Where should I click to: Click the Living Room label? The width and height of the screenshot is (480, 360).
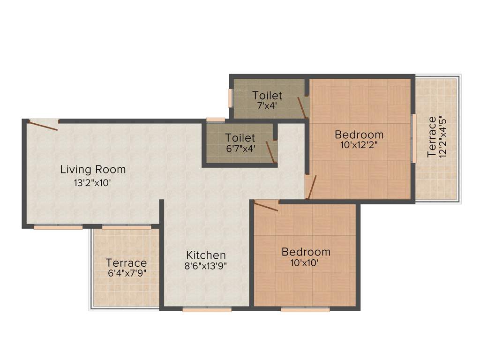(93, 169)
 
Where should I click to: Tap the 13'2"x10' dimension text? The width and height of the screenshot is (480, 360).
(92, 183)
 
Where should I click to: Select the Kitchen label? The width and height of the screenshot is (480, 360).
(206, 255)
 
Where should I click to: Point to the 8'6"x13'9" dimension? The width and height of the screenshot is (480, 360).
(207, 267)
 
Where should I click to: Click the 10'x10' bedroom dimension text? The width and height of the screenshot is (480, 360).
(305, 263)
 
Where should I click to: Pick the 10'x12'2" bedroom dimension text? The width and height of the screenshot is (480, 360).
(360, 145)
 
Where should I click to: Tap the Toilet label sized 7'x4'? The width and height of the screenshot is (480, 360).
(267, 96)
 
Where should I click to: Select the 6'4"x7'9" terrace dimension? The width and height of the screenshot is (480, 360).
(127, 274)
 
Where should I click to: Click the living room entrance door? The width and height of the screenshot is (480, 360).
(43, 125)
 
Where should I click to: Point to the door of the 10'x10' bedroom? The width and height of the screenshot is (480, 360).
(266, 206)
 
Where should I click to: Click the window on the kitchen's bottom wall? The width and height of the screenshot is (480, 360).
(207, 309)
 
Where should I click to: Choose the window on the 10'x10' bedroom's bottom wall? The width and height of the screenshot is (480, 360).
(305, 309)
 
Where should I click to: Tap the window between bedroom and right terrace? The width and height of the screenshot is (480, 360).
(413, 138)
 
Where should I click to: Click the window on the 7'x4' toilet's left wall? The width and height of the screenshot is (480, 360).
(230, 98)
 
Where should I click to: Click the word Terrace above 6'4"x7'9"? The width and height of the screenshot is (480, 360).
(126, 263)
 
